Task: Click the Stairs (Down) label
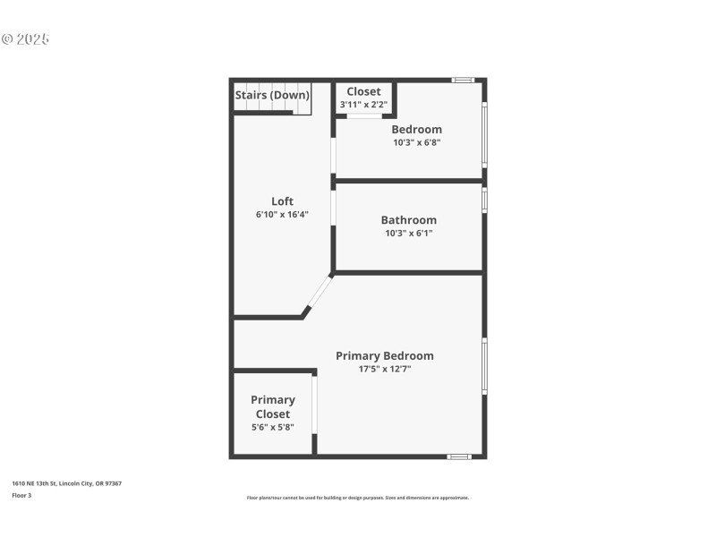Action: pos(272,95)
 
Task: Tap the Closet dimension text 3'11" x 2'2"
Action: pos(362,105)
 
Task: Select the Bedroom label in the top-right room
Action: pos(416,129)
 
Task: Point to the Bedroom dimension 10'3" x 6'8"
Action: pos(416,142)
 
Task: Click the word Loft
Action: pos(282,201)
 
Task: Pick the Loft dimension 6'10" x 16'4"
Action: pos(282,215)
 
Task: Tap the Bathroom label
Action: pos(408,220)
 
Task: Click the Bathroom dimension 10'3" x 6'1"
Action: pos(408,234)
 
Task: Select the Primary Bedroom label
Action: pos(384,355)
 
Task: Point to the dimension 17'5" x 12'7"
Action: pos(384,369)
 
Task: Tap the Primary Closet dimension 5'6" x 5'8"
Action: pos(273,428)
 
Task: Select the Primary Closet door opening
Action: pos(314,404)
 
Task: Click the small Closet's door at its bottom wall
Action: pos(364,115)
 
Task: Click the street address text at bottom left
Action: pos(67,483)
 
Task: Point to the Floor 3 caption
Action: pos(21,494)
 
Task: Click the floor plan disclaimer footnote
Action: pos(357,498)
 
